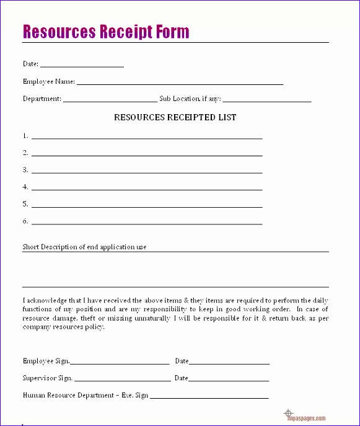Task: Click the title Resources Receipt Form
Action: (x=106, y=32)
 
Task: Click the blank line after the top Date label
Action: (x=82, y=66)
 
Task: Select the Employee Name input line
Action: (x=180, y=83)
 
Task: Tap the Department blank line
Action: (x=110, y=100)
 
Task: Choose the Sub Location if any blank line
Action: (x=267, y=100)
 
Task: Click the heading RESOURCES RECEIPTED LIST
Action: (x=175, y=117)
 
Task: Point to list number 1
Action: (x=25, y=135)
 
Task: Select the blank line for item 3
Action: (x=147, y=172)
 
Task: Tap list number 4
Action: (x=25, y=187)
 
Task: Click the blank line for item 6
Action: (x=147, y=223)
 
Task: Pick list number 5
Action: (x=25, y=203)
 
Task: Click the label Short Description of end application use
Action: (x=84, y=247)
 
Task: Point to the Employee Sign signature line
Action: (x=120, y=363)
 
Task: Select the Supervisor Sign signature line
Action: (x=122, y=380)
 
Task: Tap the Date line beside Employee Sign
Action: (x=229, y=363)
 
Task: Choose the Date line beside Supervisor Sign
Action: (x=229, y=380)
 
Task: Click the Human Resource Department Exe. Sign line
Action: (x=209, y=397)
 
